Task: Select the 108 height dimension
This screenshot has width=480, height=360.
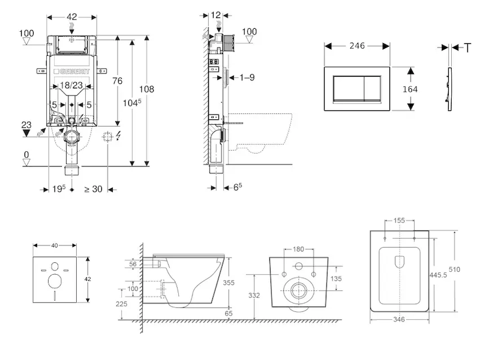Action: tap(147, 89)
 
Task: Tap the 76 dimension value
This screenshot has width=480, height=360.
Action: tap(118, 81)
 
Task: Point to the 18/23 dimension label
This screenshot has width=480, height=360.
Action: tap(72, 86)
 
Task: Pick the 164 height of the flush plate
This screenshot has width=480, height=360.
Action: tap(410, 89)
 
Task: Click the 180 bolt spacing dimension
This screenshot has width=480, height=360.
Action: tap(298, 250)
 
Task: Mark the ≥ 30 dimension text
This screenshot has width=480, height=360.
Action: tap(93, 189)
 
